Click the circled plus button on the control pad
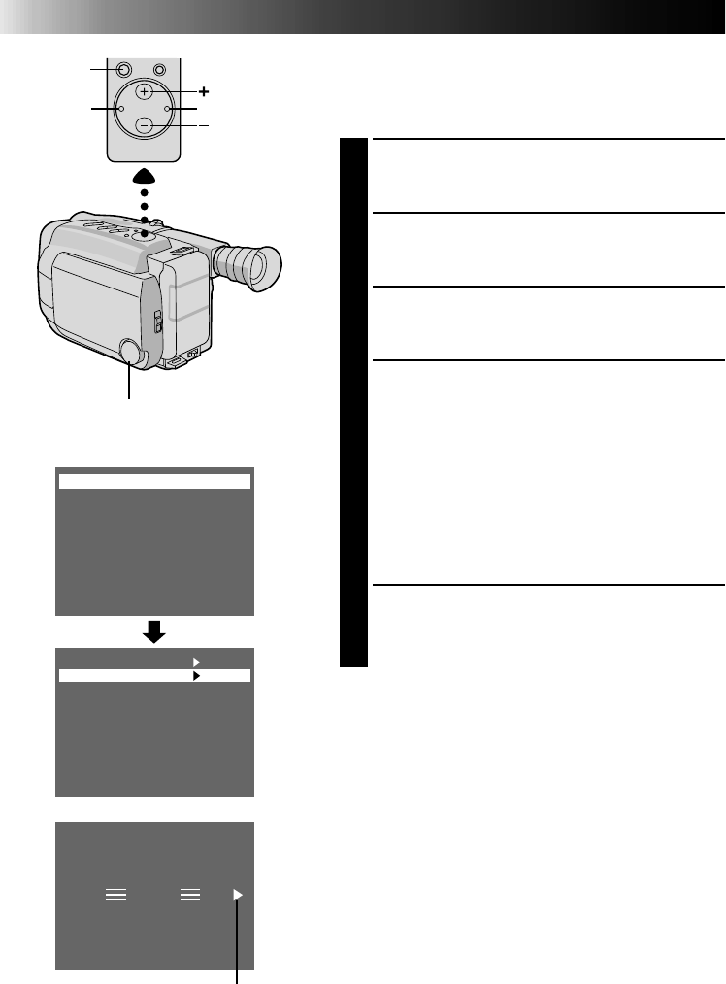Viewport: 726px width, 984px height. point(144,91)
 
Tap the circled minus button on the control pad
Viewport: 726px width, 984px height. point(144,125)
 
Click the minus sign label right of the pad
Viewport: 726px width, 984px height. point(205,126)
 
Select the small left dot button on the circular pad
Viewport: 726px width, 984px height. point(120,109)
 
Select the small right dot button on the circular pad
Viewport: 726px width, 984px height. point(167,109)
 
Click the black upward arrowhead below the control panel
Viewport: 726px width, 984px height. point(144,176)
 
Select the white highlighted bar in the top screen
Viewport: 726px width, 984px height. point(154,480)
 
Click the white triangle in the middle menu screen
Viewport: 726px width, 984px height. point(195,661)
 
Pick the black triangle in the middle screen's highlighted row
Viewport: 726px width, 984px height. point(195,674)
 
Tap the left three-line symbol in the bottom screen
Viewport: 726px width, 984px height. point(115,896)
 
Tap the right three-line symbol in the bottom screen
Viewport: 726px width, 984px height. point(190,896)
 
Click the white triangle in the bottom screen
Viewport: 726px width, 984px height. point(239,895)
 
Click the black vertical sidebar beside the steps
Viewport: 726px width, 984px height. point(354,403)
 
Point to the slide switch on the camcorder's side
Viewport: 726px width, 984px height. point(159,322)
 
